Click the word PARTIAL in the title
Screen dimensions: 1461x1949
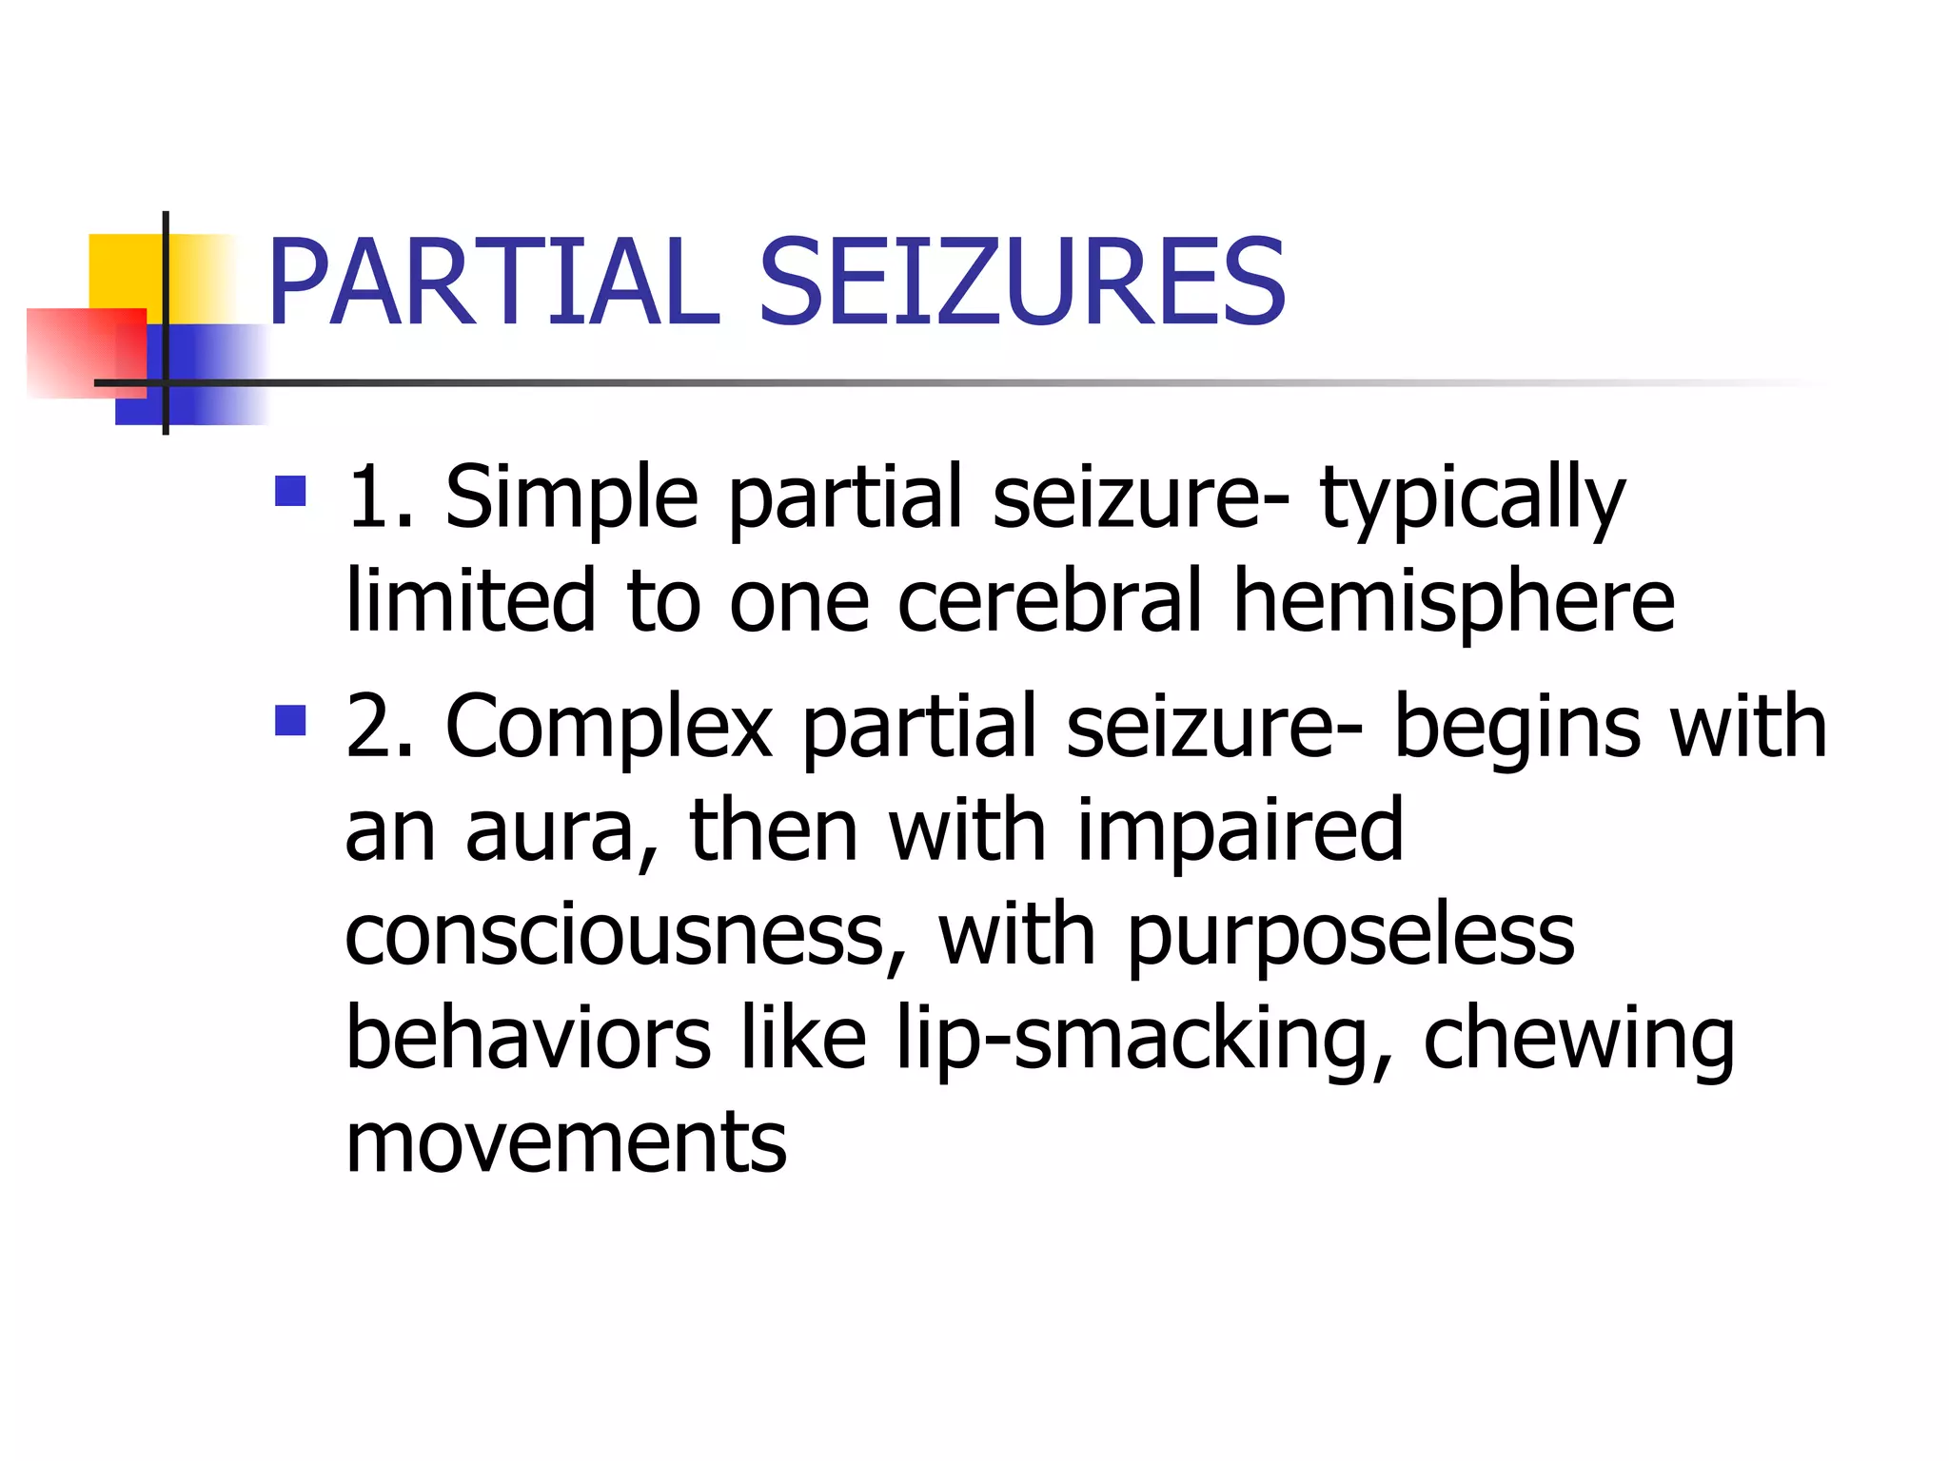coord(493,283)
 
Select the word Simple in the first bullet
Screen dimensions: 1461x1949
coord(571,498)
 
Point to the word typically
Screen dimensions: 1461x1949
coord(1472,500)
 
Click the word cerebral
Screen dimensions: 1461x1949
coord(1050,601)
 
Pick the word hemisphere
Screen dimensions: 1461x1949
coord(1453,603)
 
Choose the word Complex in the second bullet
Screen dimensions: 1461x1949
coord(609,728)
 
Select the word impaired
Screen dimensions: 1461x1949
coord(1239,831)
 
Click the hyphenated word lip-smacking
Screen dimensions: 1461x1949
coord(1145,1040)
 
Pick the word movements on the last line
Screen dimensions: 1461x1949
coord(566,1142)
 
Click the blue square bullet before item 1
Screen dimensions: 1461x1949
coord(290,491)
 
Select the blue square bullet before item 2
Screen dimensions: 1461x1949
coord(290,720)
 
